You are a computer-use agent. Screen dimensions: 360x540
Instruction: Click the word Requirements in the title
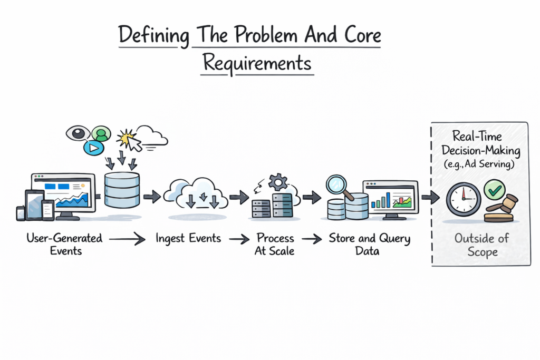coord(257,63)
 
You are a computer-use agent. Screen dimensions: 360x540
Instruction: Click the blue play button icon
coord(93,147)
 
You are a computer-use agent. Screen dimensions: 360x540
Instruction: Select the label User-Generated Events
coord(64,244)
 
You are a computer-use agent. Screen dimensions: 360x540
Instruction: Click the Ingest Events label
coord(188,238)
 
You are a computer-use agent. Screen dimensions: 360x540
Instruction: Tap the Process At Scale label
coord(274,244)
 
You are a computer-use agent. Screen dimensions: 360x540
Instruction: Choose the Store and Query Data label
coord(369,244)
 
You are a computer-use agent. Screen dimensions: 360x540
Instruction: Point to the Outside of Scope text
coord(481,245)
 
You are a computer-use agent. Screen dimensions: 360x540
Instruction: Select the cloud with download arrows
coord(195,195)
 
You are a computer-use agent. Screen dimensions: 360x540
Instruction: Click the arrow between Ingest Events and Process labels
coord(239,239)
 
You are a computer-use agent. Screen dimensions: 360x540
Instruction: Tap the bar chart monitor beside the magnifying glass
coord(390,197)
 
